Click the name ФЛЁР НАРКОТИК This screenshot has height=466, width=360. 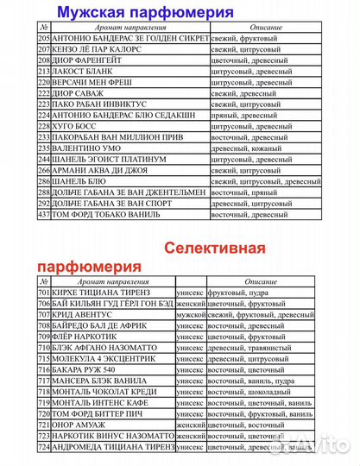(x=87, y=337)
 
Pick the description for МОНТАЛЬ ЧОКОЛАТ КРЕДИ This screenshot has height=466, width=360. (x=259, y=391)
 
